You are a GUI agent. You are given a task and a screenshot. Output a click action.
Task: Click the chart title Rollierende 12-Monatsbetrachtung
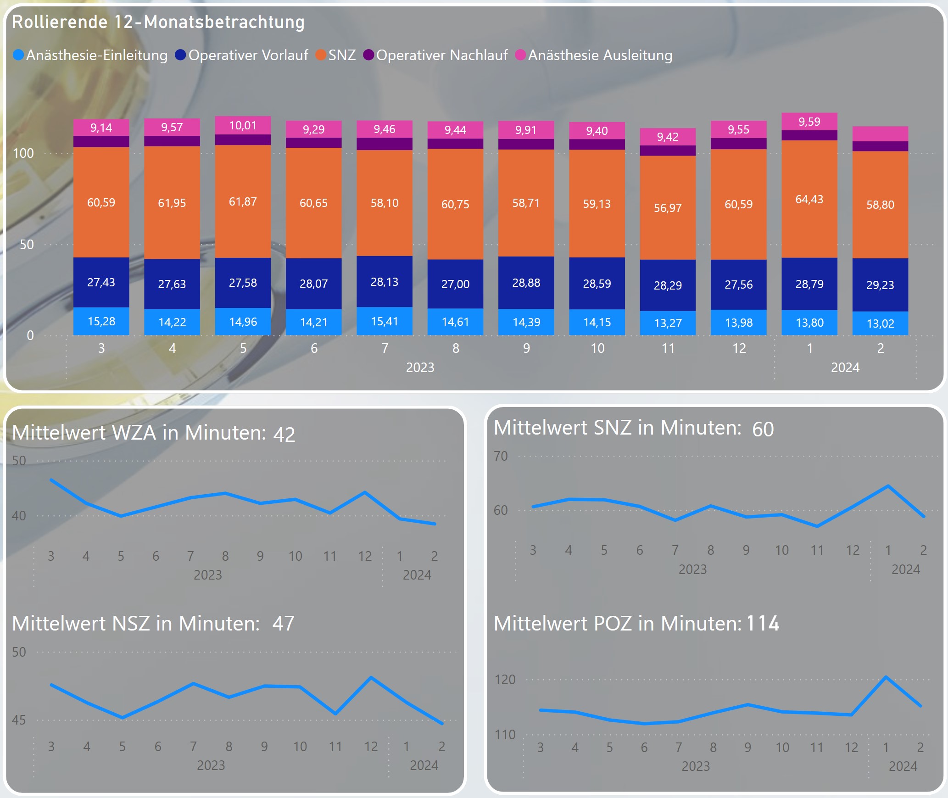pos(158,22)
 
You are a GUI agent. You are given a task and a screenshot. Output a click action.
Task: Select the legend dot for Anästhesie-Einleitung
pos(18,55)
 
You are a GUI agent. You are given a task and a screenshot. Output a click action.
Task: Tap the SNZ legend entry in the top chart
pos(336,55)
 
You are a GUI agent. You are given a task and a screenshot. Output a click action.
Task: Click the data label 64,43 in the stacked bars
pos(809,199)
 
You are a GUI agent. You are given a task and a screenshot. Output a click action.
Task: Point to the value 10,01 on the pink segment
pos(243,125)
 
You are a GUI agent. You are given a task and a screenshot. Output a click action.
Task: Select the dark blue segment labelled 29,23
pos(880,285)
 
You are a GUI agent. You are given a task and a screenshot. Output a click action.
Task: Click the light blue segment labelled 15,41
pos(385,321)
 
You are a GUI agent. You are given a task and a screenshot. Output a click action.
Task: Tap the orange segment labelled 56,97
pos(668,208)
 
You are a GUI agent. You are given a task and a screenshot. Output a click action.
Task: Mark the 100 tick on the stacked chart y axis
pos(23,153)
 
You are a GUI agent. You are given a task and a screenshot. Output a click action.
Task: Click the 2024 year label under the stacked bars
pos(845,368)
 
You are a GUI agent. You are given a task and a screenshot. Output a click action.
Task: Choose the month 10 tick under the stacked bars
pos(597,348)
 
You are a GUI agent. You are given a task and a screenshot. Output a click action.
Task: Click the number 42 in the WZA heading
pos(284,434)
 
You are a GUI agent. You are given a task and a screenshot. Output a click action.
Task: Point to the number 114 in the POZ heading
pos(763,624)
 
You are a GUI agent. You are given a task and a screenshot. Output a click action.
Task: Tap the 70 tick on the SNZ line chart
pos(501,456)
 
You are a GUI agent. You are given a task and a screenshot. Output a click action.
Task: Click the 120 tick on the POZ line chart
pos(505,680)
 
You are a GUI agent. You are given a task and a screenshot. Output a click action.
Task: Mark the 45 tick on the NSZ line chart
pos(19,720)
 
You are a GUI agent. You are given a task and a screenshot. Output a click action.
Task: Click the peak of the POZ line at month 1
pos(886,677)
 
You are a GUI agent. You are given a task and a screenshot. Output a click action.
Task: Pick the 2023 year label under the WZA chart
pos(207,575)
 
